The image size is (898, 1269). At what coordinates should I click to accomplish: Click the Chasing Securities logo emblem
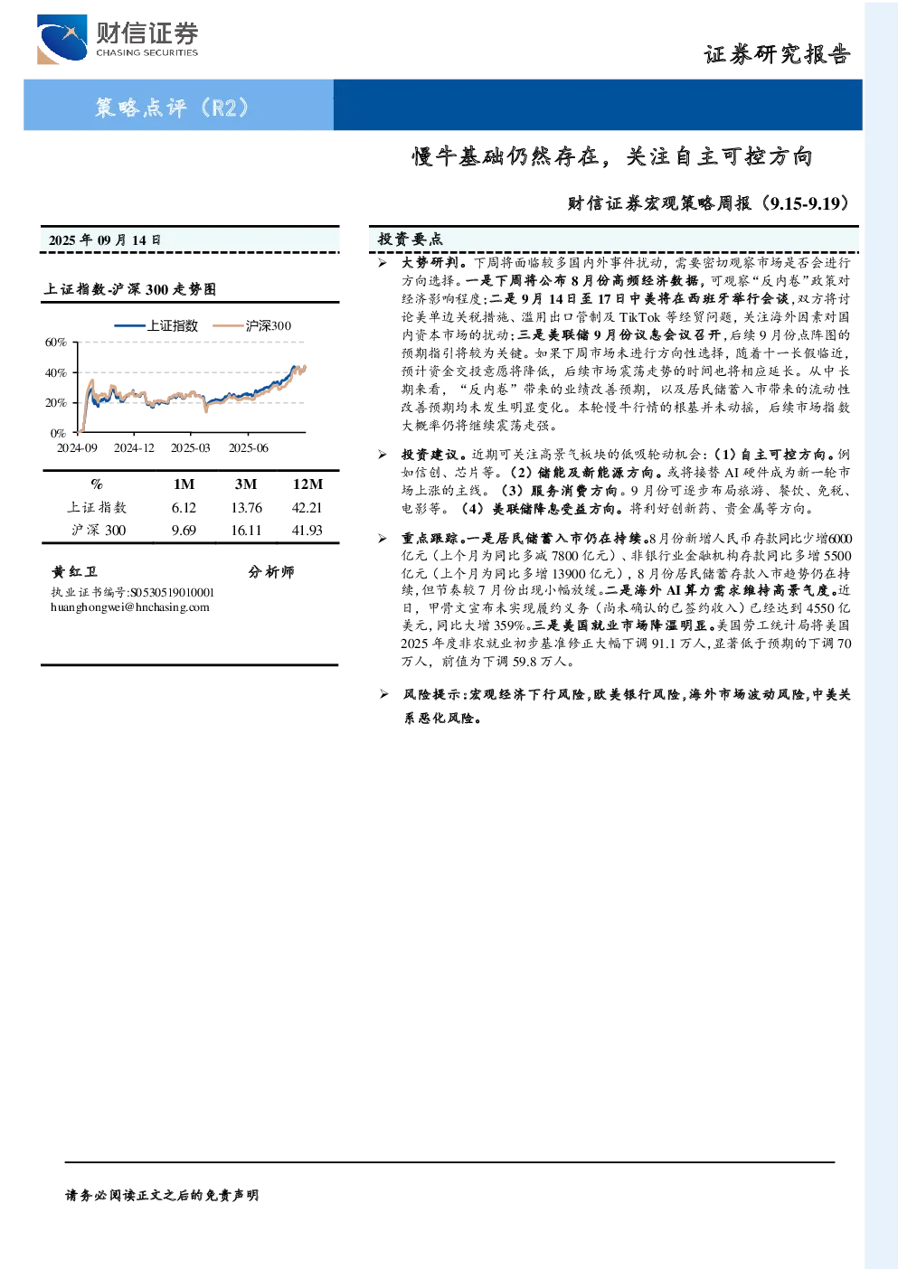click(x=61, y=39)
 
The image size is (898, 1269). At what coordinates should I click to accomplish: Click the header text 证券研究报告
click(x=777, y=54)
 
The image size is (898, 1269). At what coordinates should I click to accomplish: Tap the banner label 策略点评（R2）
click(x=172, y=107)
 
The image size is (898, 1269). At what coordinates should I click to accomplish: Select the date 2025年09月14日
click(x=104, y=240)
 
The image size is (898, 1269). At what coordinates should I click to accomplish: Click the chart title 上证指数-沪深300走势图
click(x=130, y=289)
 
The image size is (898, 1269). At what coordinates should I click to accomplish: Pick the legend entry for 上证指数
click(x=156, y=325)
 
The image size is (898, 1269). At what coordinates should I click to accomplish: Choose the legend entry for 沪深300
click(x=252, y=325)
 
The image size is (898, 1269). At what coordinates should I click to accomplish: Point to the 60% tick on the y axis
click(x=55, y=343)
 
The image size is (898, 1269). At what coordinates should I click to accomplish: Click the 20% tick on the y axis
click(x=55, y=403)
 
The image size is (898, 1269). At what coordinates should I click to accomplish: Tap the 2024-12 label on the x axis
click(x=134, y=448)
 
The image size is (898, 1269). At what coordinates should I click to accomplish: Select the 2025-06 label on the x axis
click(x=249, y=448)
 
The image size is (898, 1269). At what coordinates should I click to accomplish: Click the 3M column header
click(x=246, y=484)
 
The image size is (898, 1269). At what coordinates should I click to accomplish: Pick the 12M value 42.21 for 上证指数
click(x=307, y=508)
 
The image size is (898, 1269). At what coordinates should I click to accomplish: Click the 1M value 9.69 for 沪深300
click(x=184, y=531)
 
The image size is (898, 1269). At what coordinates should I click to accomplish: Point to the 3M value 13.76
click(x=246, y=508)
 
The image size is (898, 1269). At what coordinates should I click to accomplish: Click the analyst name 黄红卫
click(x=74, y=571)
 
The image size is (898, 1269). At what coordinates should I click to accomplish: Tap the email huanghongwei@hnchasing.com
click(x=130, y=607)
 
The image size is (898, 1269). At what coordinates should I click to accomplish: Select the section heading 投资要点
click(x=411, y=240)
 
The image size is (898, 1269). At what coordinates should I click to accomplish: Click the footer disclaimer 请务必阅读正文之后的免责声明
click(x=162, y=1196)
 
